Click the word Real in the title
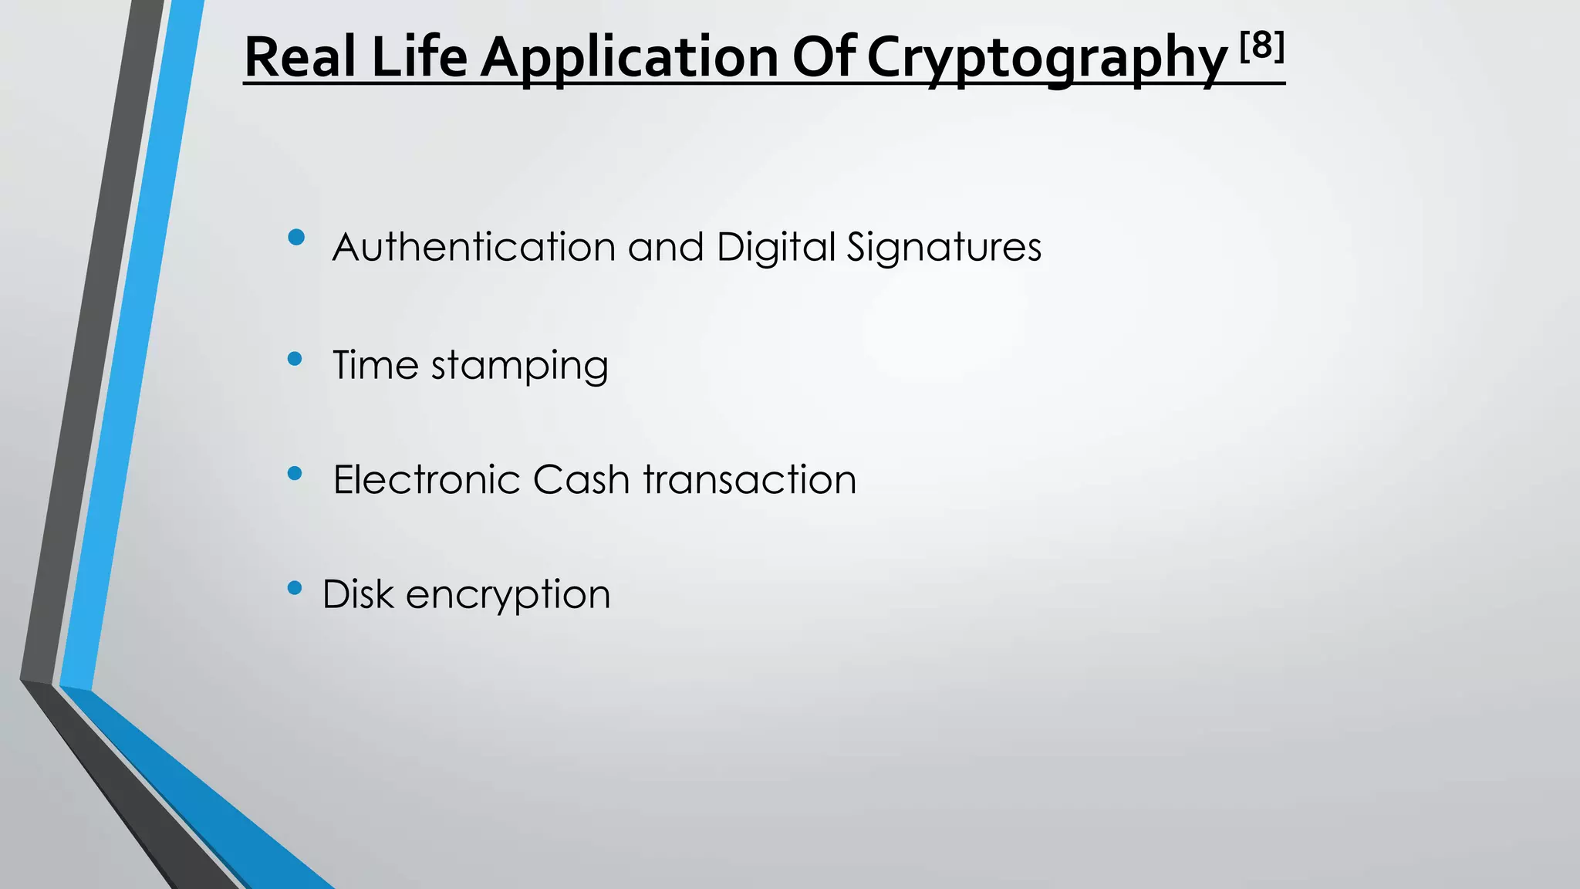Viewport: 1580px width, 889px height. (300, 57)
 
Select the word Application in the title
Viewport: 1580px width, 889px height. (630, 59)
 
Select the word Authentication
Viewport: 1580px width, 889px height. (474, 247)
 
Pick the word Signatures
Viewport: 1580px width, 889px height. (944, 248)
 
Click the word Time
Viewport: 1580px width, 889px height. (375, 364)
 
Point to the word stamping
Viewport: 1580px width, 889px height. (519, 366)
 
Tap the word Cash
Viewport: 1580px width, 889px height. (582, 479)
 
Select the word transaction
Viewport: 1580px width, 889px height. (749, 479)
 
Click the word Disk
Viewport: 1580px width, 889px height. (358, 594)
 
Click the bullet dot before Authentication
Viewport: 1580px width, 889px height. (295, 237)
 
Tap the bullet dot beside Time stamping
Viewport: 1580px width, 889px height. (294, 358)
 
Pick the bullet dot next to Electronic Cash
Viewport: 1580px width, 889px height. (294, 473)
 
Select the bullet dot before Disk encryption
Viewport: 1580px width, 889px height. (294, 588)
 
